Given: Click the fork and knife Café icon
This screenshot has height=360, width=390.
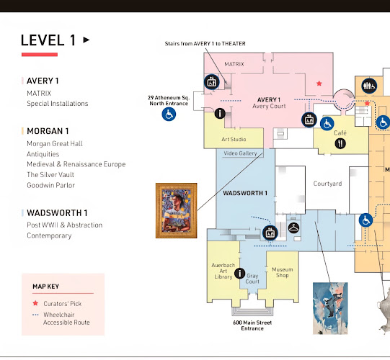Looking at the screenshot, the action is [x=340, y=143].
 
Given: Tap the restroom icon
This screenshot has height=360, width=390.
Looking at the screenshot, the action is [x=369, y=86].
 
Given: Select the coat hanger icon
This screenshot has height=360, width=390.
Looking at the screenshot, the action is [x=293, y=228].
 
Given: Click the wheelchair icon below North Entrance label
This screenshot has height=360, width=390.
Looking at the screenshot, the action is [x=169, y=114].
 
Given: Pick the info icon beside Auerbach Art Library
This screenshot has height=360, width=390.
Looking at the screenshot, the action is [x=239, y=274].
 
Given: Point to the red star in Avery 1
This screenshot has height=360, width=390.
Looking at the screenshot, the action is [x=319, y=84].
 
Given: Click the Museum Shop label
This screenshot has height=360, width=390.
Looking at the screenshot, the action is [x=283, y=272].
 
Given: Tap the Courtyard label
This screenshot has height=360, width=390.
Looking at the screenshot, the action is [x=327, y=184].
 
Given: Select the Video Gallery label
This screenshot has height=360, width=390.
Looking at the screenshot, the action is [x=240, y=153].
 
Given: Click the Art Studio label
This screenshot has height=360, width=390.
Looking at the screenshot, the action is [x=234, y=139].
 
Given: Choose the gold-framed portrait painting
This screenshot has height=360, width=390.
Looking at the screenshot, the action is [x=177, y=210].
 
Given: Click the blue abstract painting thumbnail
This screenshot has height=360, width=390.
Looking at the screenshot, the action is [x=330, y=308].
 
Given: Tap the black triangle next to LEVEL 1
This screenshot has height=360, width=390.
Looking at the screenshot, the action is [x=86, y=40].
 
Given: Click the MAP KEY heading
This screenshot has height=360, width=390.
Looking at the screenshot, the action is [x=45, y=287].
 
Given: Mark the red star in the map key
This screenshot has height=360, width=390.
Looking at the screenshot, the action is [x=35, y=303].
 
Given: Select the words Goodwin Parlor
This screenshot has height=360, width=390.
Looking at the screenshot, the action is [x=50, y=185].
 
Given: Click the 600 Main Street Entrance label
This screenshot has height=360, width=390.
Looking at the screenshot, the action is [x=252, y=325].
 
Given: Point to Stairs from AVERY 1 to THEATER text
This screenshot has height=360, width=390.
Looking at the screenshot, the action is [x=205, y=44].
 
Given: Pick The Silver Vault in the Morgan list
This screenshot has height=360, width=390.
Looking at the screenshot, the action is [x=50, y=175].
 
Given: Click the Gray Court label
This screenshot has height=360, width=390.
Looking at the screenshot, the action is [x=252, y=279].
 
